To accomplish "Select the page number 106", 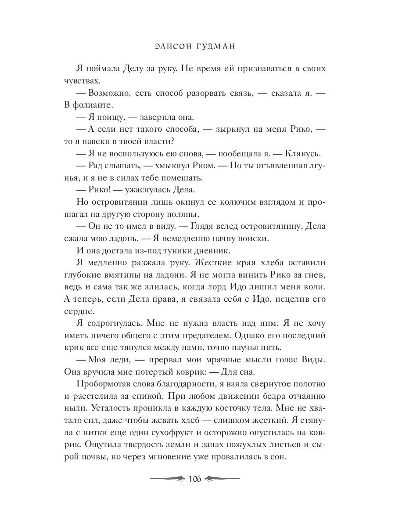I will tap(194, 479).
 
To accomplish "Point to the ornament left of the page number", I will tap(167, 478).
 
